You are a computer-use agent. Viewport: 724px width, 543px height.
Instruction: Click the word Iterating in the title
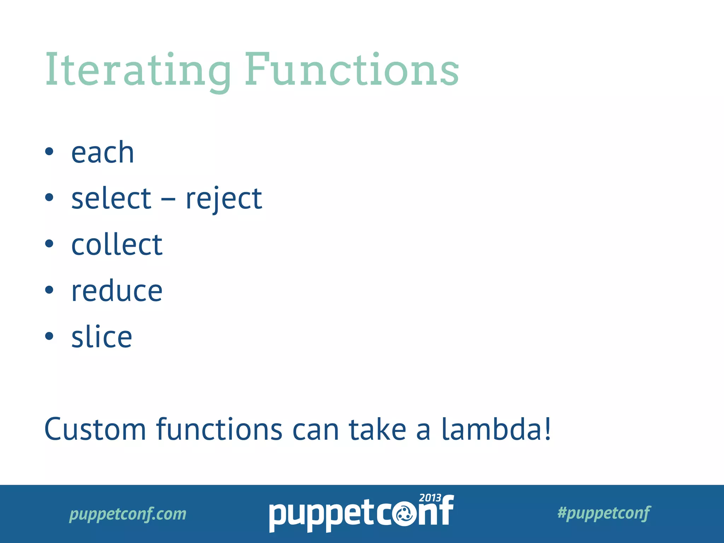tap(138, 70)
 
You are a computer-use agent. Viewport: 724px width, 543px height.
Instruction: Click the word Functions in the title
tap(352, 70)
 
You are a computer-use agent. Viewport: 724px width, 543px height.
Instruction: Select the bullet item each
tap(103, 153)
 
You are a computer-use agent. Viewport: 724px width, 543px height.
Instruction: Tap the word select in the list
tap(111, 199)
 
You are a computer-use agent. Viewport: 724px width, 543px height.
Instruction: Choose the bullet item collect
tap(117, 245)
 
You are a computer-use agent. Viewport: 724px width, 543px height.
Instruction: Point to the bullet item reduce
tap(117, 291)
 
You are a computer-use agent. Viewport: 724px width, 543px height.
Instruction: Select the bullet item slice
tap(102, 337)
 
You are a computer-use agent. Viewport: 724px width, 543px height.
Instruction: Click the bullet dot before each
tap(49, 152)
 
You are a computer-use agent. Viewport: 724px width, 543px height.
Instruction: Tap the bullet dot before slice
tap(49, 336)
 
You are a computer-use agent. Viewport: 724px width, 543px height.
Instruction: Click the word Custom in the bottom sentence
tap(95, 430)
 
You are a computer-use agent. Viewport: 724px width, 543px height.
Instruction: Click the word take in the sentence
tap(377, 430)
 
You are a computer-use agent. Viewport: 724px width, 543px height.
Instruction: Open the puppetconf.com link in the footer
tap(128, 514)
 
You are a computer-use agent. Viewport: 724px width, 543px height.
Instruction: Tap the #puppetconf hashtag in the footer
tap(603, 513)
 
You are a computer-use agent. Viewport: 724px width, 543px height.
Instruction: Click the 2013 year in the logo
tap(430, 498)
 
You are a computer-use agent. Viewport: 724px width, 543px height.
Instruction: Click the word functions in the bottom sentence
tap(219, 430)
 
